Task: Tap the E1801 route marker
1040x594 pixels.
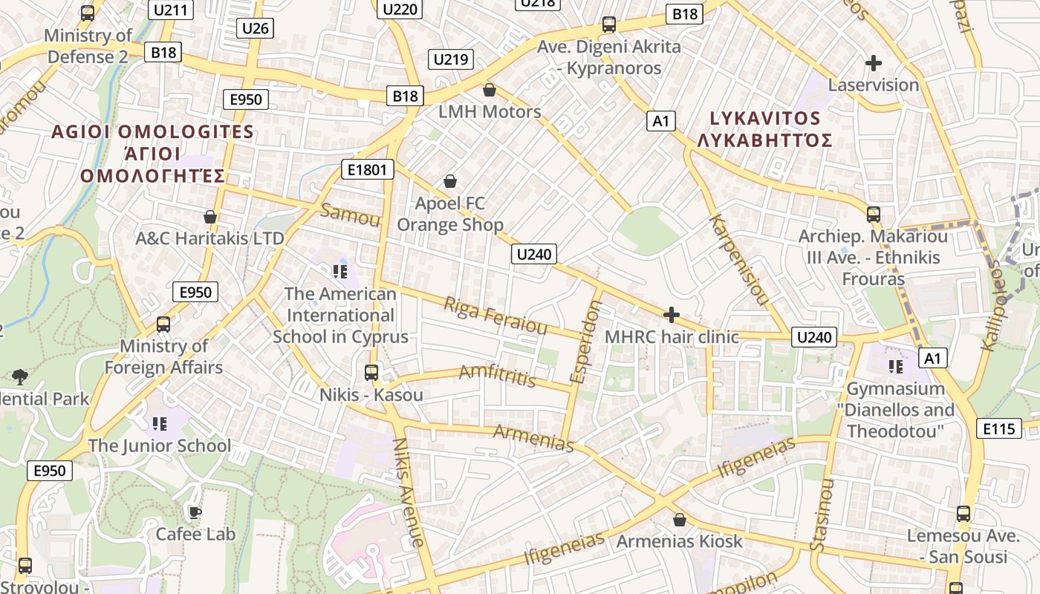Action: coord(367,169)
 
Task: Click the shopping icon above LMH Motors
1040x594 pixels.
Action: coord(490,90)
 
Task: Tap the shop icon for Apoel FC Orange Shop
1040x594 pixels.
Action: coord(449,181)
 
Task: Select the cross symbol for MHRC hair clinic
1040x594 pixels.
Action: coord(672,315)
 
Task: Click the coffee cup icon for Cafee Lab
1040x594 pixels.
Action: coord(195,512)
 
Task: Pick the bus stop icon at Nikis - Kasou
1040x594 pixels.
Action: coord(371,373)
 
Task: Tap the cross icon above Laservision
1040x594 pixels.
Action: coord(874,63)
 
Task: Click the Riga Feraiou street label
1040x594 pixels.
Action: coord(495,316)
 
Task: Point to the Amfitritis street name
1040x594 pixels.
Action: coord(497,376)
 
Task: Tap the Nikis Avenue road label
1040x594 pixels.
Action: coord(409,492)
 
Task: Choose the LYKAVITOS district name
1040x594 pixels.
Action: coord(765,119)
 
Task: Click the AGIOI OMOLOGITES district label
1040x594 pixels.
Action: coord(153,132)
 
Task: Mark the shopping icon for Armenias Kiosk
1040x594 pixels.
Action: coord(679,520)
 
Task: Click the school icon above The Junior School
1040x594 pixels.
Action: coord(159,424)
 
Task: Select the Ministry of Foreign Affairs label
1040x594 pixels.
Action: coord(163,356)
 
